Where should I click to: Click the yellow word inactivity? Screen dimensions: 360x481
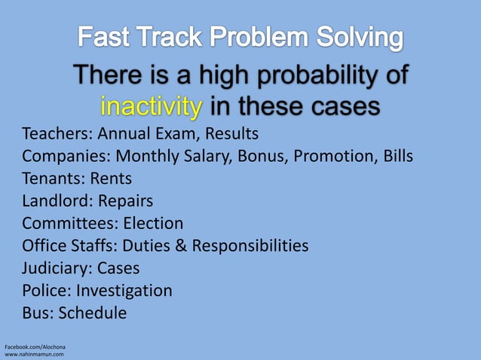151,106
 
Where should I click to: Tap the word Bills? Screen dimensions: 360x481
395,157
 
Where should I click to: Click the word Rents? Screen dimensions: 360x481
111,179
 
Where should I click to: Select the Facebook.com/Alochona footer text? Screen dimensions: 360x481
35,346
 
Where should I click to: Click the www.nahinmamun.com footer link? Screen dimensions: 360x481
35,353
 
